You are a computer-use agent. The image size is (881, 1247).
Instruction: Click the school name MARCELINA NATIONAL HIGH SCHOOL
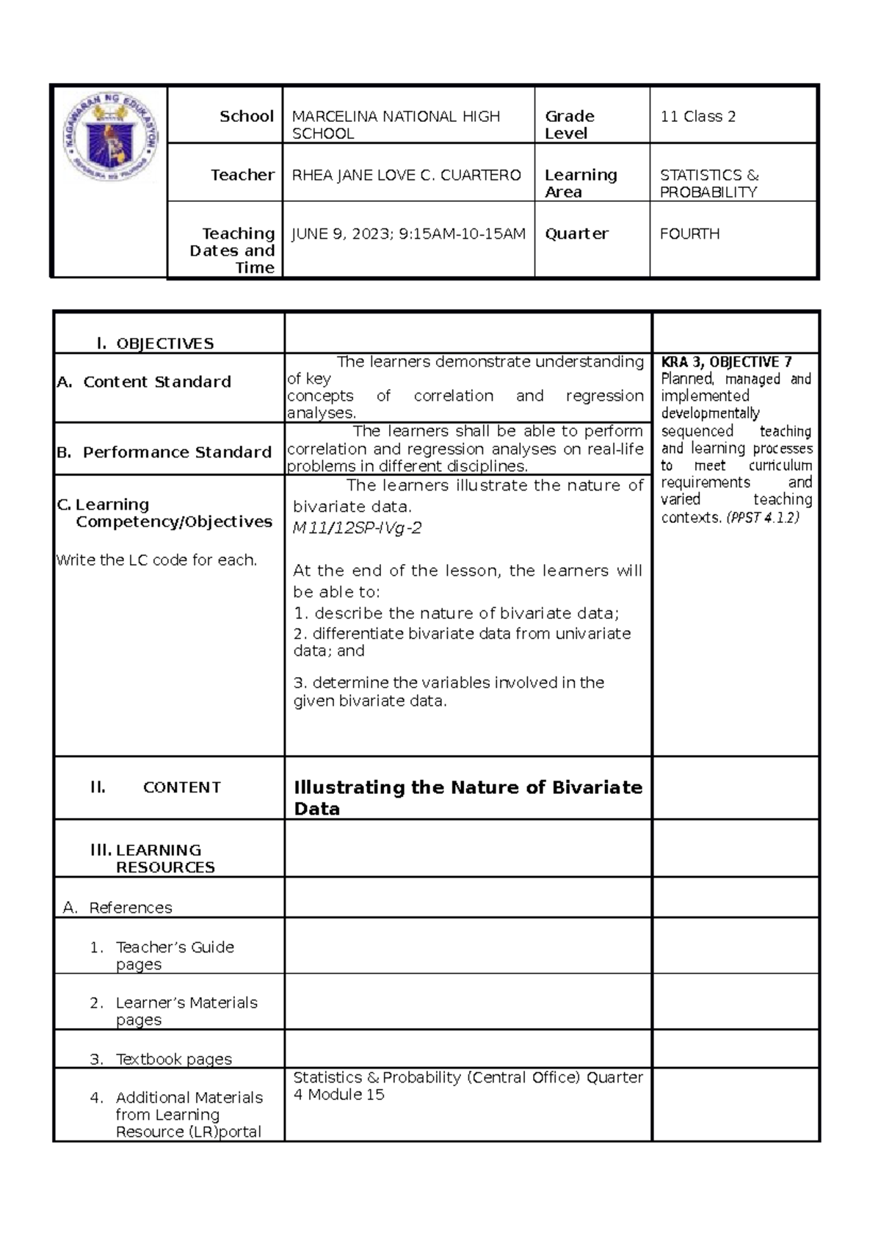point(396,124)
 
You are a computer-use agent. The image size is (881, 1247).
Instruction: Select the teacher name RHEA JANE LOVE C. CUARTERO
point(406,175)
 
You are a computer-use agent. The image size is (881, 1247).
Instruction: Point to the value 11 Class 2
point(697,116)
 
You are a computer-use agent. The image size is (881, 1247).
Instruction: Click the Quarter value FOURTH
point(689,234)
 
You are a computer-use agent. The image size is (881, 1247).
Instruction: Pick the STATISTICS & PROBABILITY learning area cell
point(708,183)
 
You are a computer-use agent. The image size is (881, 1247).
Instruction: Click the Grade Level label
point(569,124)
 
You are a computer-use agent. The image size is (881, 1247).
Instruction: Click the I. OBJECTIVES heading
point(155,343)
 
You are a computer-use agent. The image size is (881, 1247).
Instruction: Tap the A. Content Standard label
point(144,382)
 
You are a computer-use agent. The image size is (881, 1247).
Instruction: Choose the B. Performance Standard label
point(164,452)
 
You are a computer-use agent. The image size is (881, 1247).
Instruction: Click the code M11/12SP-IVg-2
point(357,528)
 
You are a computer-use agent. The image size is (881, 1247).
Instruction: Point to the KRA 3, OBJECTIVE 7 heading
point(726,361)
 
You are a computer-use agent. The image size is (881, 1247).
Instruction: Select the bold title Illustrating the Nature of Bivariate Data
point(467,797)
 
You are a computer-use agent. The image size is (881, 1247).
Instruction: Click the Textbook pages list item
point(173,1059)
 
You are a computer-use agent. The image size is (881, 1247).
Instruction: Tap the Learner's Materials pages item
point(186,1011)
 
